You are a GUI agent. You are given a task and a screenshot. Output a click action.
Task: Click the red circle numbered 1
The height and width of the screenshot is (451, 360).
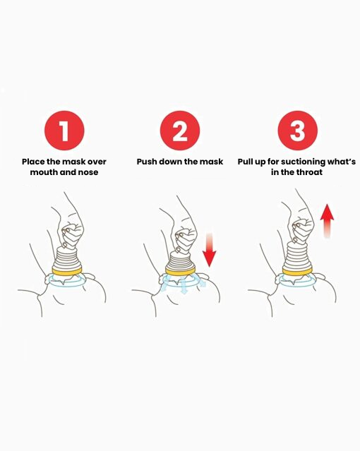[64, 131]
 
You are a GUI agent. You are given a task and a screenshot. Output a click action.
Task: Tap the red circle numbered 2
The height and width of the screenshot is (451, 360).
[180, 131]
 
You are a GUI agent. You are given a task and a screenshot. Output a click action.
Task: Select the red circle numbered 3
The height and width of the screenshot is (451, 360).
[298, 131]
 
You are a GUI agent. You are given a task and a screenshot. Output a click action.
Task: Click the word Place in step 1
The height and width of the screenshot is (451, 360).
[33, 162]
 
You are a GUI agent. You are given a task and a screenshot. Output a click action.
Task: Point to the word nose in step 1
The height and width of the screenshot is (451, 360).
[88, 172]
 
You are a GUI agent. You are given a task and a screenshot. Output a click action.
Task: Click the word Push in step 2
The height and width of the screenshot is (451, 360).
[147, 162]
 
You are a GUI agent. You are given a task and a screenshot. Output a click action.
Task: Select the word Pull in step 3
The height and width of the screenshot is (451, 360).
[246, 162]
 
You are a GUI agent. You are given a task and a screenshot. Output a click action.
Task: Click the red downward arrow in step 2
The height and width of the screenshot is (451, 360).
[209, 249]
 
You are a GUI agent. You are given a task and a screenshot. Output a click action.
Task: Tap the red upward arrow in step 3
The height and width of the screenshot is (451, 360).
[328, 221]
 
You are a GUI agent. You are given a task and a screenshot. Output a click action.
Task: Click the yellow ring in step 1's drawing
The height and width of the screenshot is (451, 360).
[67, 270]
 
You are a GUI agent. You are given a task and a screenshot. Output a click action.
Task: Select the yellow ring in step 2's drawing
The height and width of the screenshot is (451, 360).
[180, 270]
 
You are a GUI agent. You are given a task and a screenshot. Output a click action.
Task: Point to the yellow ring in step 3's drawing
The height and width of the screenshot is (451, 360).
[297, 270]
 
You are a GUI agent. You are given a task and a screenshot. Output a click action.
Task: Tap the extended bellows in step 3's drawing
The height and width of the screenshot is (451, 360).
[297, 255]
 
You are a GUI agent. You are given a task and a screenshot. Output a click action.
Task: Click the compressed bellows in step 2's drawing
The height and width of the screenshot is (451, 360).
[180, 260]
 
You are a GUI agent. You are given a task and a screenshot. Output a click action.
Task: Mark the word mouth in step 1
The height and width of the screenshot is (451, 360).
[41, 172]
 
